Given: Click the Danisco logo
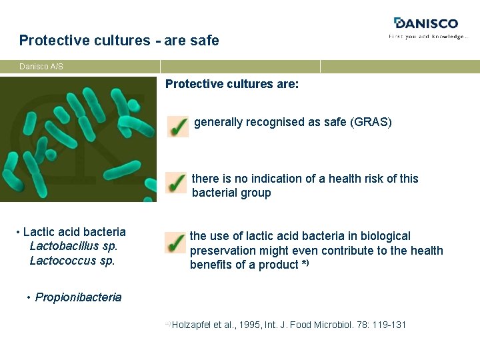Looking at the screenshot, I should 426,23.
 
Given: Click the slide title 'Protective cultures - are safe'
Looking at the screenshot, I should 119,41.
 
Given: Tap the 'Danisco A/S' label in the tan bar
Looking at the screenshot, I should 41,67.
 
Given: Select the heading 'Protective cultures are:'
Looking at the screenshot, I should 232,84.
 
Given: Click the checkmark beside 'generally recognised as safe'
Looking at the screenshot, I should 177,126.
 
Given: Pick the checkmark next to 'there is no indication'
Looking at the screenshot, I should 176,182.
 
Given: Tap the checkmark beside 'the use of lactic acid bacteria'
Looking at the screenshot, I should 175,243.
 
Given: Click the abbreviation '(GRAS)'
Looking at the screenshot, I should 371,123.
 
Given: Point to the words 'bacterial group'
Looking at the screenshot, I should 231,193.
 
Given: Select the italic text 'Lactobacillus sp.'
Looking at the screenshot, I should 73,246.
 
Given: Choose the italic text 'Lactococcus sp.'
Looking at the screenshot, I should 72,261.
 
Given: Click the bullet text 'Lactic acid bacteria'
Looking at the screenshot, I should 74,232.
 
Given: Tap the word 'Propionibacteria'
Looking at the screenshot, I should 78,297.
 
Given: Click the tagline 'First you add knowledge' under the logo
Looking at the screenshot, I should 428,37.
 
